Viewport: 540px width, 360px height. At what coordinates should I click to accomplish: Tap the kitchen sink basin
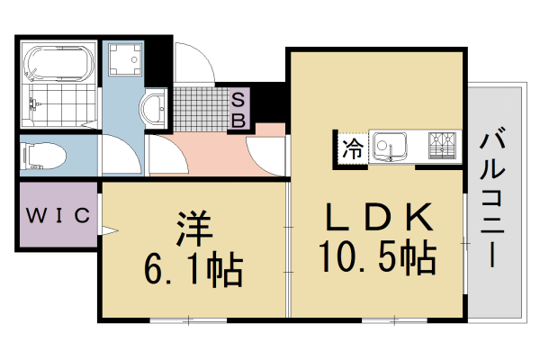pos(391,144)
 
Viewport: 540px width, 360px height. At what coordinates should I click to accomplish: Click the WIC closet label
pos(56,215)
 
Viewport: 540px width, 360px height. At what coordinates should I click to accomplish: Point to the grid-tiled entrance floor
pos(202,107)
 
